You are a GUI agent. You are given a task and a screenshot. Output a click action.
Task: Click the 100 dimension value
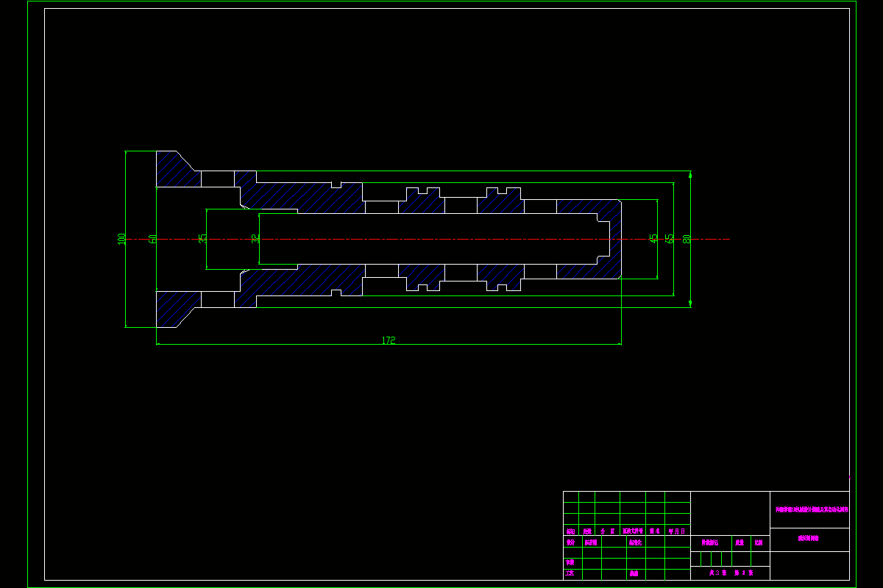click(121, 238)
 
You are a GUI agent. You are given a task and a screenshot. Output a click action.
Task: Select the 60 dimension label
click(152, 238)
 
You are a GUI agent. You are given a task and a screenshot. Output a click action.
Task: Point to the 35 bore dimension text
click(202, 238)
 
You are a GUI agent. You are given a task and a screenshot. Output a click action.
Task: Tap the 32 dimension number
click(255, 238)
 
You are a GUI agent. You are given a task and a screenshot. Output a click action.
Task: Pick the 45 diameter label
click(653, 238)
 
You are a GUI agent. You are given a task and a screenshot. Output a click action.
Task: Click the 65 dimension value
click(669, 238)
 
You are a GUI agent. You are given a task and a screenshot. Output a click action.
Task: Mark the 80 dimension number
click(687, 238)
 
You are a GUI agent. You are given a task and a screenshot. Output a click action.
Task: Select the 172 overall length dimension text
click(389, 340)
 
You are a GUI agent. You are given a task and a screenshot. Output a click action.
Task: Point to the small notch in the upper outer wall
click(336, 184)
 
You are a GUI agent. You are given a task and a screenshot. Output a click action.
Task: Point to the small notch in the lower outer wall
click(336, 293)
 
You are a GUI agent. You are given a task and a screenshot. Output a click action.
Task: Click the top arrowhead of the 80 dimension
click(690, 175)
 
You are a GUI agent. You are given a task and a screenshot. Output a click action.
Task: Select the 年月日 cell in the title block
click(677, 531)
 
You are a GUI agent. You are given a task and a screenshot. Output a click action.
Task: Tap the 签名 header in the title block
click(655, 531)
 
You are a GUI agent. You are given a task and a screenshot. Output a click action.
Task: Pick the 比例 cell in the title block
click(758, 542)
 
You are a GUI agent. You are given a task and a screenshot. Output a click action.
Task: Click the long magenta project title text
click(809, 509)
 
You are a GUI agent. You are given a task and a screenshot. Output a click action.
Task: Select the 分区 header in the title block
click(608, 531)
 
